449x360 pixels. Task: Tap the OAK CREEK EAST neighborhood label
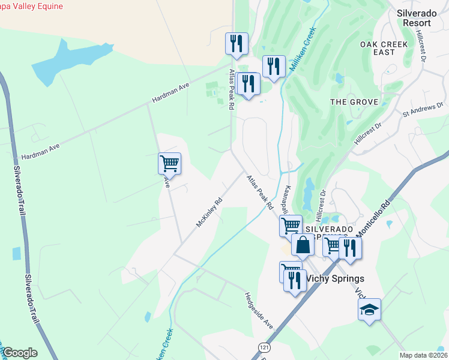[384, 48]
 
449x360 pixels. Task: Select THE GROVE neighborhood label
[355, 102]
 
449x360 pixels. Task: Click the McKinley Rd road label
[209, 213]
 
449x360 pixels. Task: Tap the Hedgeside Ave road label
[259, 310]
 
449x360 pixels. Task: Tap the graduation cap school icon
[369, 310]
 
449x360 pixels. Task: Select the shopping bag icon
[303, 245]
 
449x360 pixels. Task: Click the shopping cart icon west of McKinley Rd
[170, 163]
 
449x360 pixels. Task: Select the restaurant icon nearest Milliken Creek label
[274, 67]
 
